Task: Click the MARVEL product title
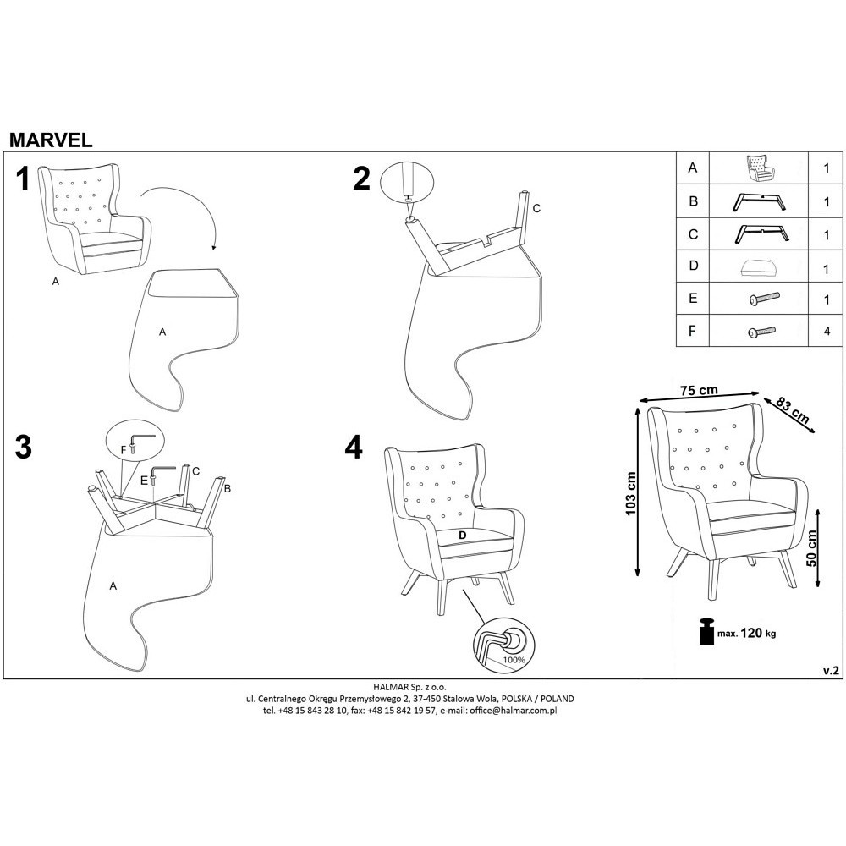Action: tap(51, 140)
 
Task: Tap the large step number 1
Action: tap(22, 179)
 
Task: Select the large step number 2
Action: tap(361, 179)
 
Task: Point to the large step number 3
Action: tap(23, 447)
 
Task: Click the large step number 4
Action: tap(354, 447)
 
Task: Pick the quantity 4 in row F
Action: tap(827, 332)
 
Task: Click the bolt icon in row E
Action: tap(765, 299)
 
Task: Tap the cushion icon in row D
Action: tap(759, 267)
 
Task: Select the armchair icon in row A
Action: tap(761, 168)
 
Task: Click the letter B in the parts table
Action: tap(694, 201)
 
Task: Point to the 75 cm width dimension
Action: tap(700, 390)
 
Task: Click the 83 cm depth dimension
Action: tap(794, 410)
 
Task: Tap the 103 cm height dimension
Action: tap(631, 494)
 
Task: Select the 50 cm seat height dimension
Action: tap(811, 548)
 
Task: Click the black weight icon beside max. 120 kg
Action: tap(706, 631)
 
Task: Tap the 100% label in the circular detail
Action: tap(514, 660)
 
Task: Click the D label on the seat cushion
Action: tap(462, 536)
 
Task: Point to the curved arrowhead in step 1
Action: tap(214, 248)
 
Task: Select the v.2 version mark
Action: tap(831, 671)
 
